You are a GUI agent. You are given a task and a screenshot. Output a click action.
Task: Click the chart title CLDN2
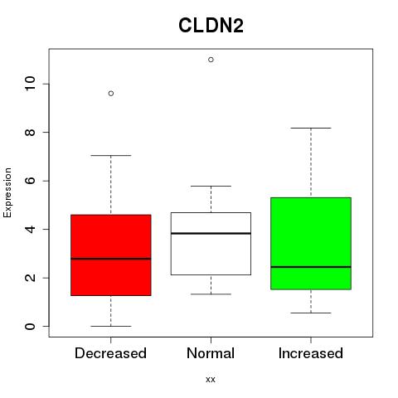tap(211, 26)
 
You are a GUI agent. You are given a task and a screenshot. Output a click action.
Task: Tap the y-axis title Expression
tap(7, 192)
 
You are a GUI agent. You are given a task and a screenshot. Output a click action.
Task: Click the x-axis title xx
tap(211, 379)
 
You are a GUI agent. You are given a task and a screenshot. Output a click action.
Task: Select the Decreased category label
tap(110, 353)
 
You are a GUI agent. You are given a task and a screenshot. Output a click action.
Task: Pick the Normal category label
tap(211, 353)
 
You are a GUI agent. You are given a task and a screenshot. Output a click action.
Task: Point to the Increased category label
tap(311, 353)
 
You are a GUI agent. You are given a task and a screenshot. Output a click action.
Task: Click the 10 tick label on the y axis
tap(31, 84)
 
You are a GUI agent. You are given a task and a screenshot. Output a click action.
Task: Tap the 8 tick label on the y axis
tap(31, 132)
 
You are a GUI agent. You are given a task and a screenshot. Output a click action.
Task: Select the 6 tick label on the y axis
tap(31, 181)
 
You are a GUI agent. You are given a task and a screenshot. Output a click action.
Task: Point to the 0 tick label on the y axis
tap(31, 326)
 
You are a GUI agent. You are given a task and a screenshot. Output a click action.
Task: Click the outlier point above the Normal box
tap(211, 60)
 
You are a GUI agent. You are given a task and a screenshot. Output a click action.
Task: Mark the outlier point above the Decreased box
tap(111, 94)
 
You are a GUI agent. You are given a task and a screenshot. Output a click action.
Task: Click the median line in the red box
tap(111, 259)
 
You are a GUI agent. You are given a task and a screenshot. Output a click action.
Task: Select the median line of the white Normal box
tap(211, 234)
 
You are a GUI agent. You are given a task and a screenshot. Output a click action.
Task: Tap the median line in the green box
tap(311, 267)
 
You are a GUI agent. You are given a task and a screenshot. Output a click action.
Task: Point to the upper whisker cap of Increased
tap(311, 128)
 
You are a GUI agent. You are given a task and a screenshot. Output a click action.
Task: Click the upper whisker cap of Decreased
tap(111, 155)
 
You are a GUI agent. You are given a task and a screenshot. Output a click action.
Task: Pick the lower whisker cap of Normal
tap(211, 294)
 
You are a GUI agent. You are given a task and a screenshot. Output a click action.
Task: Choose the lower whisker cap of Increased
tap(311, 313)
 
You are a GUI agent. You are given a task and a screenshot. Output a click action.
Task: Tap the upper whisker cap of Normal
tap(211, 186)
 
